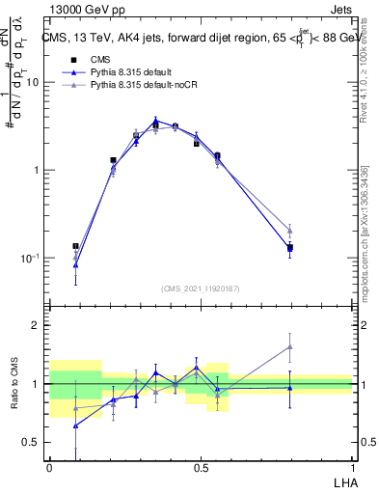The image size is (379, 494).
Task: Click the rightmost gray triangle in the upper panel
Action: click(x=290, y=230)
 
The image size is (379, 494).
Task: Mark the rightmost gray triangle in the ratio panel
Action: click(x=290, y=347)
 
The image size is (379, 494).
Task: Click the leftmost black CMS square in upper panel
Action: click(x=76, y=247)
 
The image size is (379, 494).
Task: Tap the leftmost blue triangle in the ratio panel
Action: click(x=76, y=425)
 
